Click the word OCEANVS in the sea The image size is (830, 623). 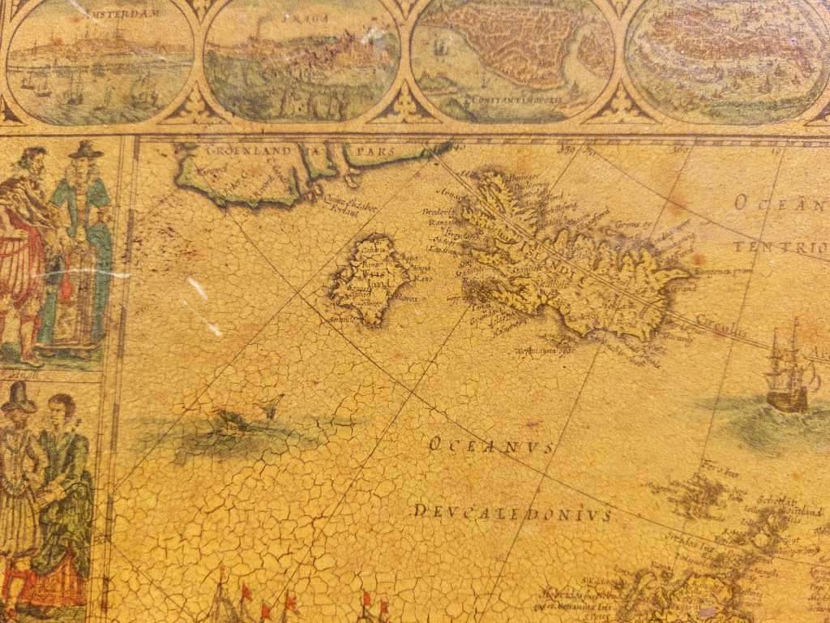490,445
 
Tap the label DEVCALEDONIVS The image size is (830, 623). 512,513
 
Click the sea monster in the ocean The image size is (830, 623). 231,422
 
